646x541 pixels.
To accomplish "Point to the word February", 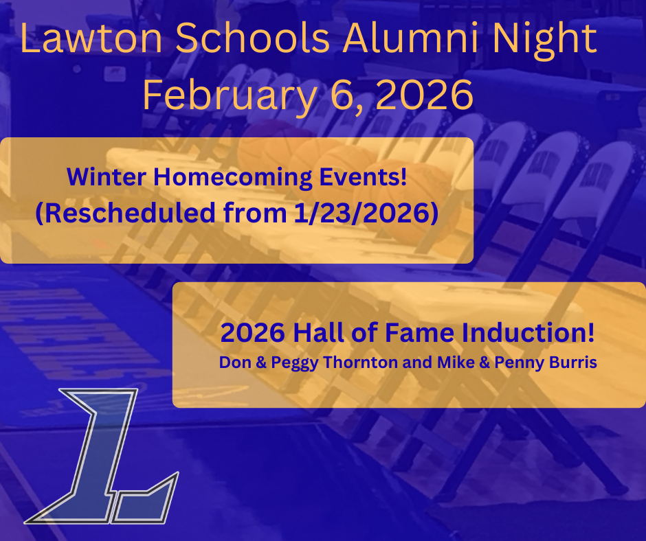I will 227,95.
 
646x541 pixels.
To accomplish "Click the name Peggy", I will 281,363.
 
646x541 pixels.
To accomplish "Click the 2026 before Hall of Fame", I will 252,334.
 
